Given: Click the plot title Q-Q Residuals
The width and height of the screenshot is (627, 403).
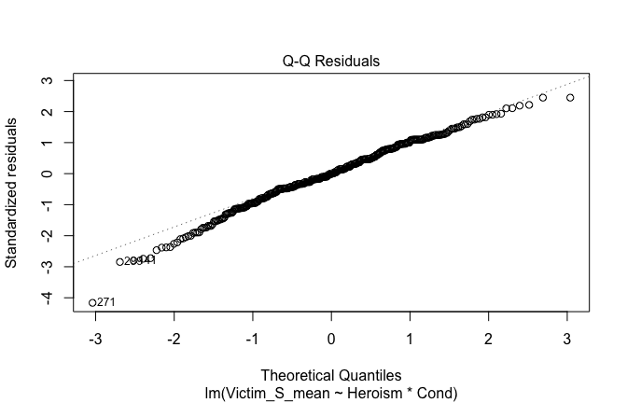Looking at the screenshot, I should coord(331,62).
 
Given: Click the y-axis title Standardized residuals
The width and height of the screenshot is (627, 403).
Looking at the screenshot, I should coord(13,192).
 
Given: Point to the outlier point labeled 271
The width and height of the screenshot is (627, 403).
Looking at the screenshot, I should coord(92,302).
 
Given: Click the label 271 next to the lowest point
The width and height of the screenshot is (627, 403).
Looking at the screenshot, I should coord(107,302).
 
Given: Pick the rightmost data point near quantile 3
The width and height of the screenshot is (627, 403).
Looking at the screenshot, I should coord(570,97).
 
